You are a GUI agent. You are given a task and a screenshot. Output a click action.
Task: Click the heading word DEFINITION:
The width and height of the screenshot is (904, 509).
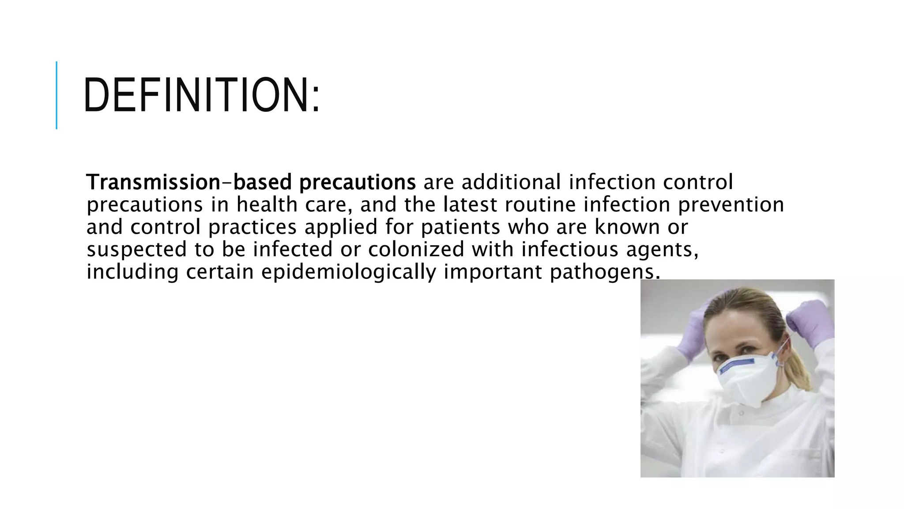click(201, 95)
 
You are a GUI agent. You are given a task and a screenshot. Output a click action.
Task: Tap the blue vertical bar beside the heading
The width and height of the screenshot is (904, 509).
click(56, 95)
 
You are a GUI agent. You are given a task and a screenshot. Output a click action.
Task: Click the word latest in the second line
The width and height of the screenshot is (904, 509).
click(470, 205)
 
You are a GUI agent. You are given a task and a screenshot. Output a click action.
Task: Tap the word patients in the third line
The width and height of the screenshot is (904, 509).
click(460, 227)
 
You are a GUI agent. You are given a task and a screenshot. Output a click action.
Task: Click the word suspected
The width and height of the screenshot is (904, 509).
click(137, 250)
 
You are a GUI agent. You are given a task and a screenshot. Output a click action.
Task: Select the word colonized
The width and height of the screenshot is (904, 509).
click(416, 249)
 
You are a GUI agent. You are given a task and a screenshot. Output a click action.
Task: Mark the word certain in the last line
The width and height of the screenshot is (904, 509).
click(219, 272)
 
